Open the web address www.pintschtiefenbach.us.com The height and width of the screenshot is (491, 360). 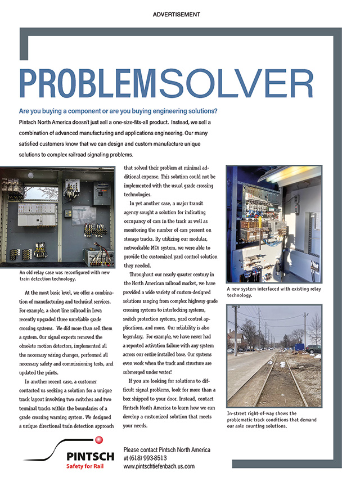coord(159,466)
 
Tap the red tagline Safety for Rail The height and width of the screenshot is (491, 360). coord(84,466)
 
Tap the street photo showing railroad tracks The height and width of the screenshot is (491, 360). coord(274,355)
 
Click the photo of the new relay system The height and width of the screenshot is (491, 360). coord(273,224)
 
